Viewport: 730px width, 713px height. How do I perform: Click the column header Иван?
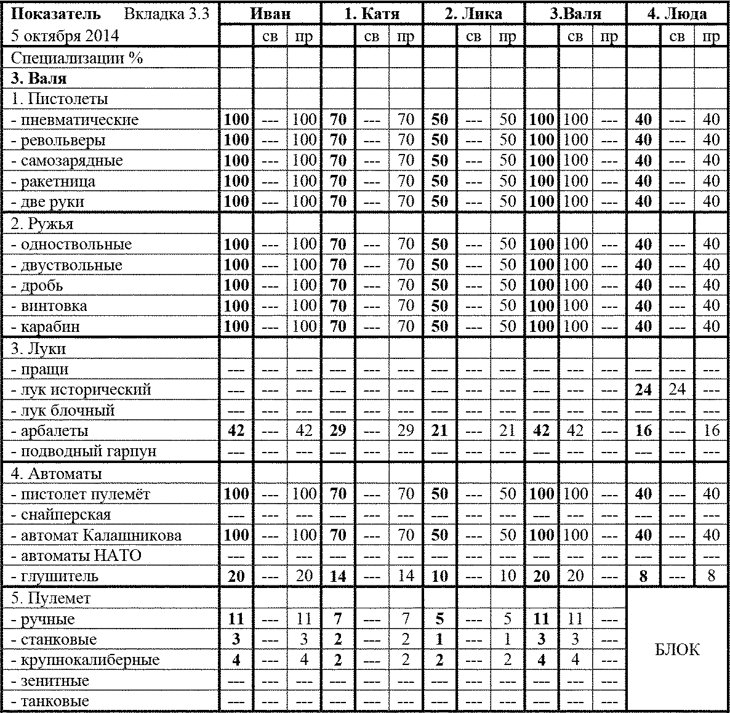270,14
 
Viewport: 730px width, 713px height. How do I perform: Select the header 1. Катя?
372,14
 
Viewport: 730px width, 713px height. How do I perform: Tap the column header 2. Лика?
473,14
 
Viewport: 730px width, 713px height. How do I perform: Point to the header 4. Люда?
677,14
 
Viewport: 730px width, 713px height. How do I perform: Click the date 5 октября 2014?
65,36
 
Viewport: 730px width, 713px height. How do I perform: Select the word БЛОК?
677,650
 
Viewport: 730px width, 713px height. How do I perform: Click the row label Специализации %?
77,58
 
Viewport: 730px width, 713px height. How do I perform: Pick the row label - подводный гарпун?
84,451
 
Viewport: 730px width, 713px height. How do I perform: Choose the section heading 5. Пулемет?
50,598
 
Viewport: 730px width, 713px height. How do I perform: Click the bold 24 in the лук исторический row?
643,390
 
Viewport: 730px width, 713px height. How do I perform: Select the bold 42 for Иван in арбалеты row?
236,430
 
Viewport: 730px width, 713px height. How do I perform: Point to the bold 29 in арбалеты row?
338,430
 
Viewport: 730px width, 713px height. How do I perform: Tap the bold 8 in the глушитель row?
643,576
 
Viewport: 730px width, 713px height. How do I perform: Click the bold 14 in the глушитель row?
338,576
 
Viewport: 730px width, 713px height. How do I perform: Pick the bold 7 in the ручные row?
338,619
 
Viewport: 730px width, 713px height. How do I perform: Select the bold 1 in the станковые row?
439,639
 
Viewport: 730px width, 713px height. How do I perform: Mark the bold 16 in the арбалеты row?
643,430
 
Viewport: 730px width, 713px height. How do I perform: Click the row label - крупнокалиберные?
85,660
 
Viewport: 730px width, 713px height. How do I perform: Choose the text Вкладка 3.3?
166,14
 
